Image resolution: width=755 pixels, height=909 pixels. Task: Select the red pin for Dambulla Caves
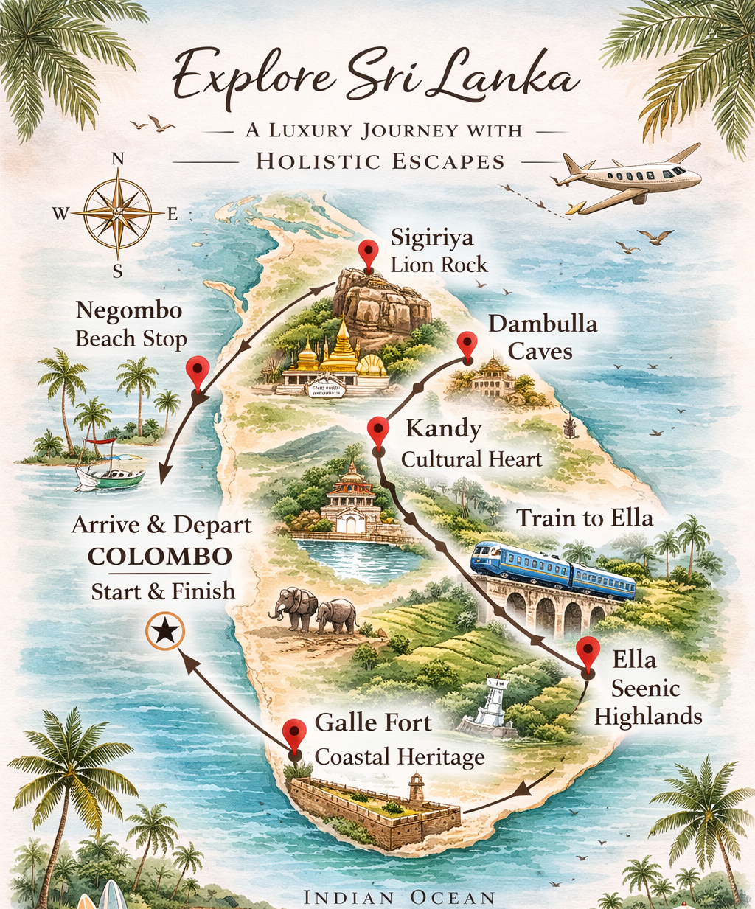click(466, 344)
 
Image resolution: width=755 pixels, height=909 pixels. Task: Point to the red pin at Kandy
click(378, 429)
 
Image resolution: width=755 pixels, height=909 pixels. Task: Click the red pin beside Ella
click(588, 652)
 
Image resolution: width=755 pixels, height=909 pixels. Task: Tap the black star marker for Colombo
click(165, 631)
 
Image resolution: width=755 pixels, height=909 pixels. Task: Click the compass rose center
click(117, 213)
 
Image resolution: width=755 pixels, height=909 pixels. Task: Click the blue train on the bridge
click(553, 568)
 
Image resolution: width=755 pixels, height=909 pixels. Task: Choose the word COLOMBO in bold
click(160, 557)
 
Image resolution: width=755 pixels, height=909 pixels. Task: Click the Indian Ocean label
click(399, 897)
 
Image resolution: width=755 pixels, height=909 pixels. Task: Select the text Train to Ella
click(584, 518)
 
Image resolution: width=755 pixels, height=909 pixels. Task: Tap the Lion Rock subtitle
click(439, 265)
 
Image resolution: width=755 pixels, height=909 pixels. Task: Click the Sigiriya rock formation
click(380, 302)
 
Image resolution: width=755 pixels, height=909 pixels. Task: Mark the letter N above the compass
click(117, 159)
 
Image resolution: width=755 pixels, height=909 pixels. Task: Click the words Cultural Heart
click(471, 459)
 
